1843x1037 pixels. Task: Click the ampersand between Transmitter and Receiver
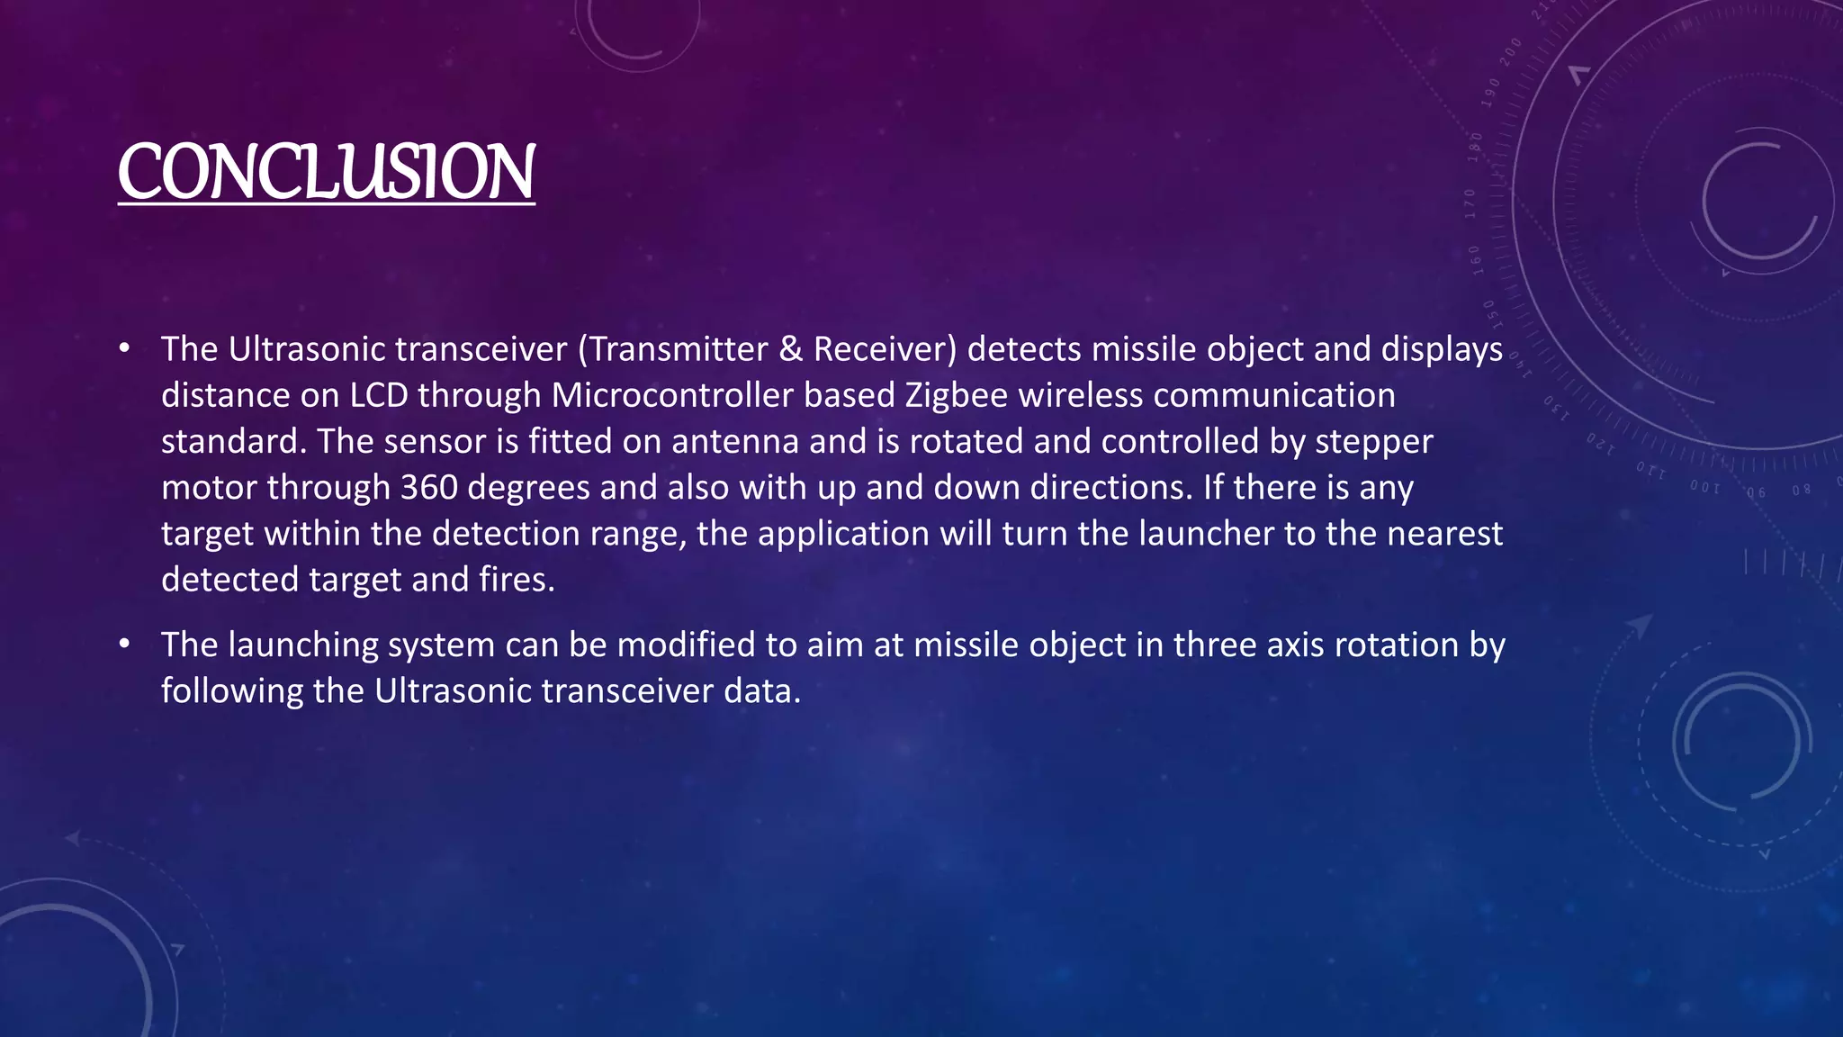(x=790, y=349)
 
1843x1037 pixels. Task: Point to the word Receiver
(x=885, y=349)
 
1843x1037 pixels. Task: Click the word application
(x=843, y=534)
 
